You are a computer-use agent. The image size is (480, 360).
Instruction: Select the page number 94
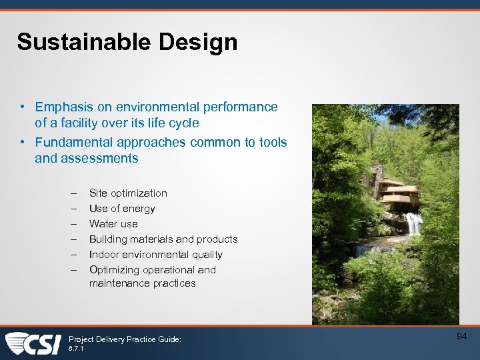(461, 337)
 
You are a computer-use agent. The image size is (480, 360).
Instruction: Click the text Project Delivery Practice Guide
(125, 339)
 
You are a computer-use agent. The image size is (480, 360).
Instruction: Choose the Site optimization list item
(128, 193)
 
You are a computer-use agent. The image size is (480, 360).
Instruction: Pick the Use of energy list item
(122, 209)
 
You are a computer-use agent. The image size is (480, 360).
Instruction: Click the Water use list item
(113, 224)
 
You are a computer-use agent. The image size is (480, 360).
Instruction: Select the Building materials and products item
(163, 239)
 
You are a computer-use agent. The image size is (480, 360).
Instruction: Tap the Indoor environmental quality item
(156, 255)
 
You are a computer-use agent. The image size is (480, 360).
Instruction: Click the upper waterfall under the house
(413, 223)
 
